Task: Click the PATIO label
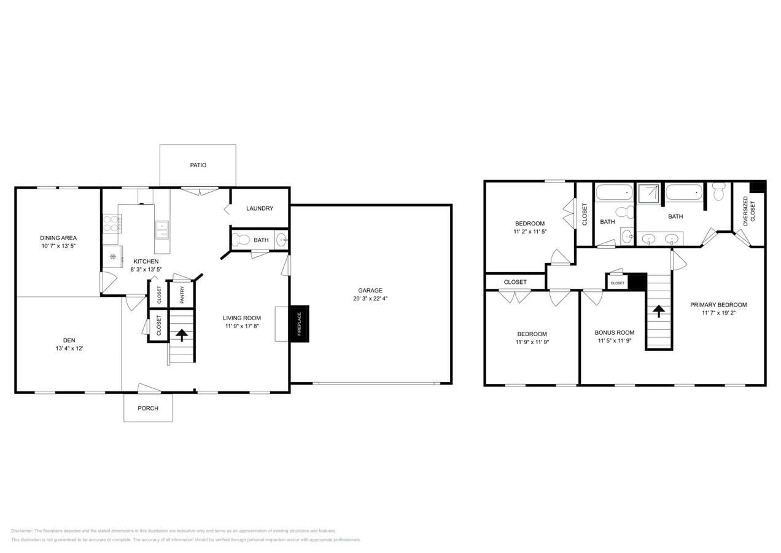198,165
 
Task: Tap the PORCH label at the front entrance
148,408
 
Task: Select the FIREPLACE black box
300,323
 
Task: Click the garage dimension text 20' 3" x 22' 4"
370,299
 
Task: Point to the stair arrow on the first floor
182,335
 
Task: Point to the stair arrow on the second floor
659,311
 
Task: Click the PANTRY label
182,295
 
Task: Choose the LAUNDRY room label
260,208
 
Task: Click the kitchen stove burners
111,222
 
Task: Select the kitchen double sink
161,229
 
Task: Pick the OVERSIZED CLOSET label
749,211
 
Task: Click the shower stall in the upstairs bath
648,194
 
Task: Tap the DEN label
69,340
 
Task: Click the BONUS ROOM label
615,332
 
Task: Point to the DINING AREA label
58,238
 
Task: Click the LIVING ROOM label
242,318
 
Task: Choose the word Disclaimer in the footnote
21,531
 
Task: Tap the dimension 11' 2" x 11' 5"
530,232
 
